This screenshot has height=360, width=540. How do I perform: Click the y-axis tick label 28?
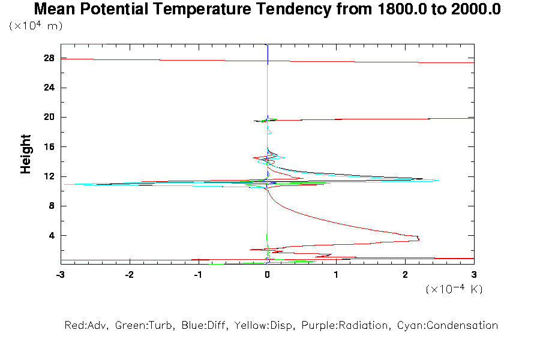(x=49, y=58)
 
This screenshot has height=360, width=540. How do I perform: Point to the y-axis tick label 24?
(x=49, y=88)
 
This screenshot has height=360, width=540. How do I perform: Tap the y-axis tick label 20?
(x=49, y=117)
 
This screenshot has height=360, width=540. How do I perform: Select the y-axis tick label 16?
(x=49, y=146)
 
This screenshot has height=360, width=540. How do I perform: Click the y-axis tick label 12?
(x=49, y=176)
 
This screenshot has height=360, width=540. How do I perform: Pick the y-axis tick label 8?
(x=51, y=206)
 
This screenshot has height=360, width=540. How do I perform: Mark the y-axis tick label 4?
(x=51, y=235)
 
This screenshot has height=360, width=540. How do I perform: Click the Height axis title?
(x=26, y=154)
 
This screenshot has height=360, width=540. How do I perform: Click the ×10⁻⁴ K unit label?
(x=454, y=289)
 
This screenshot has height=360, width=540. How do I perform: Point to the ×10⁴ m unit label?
(x=36, y=26)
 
